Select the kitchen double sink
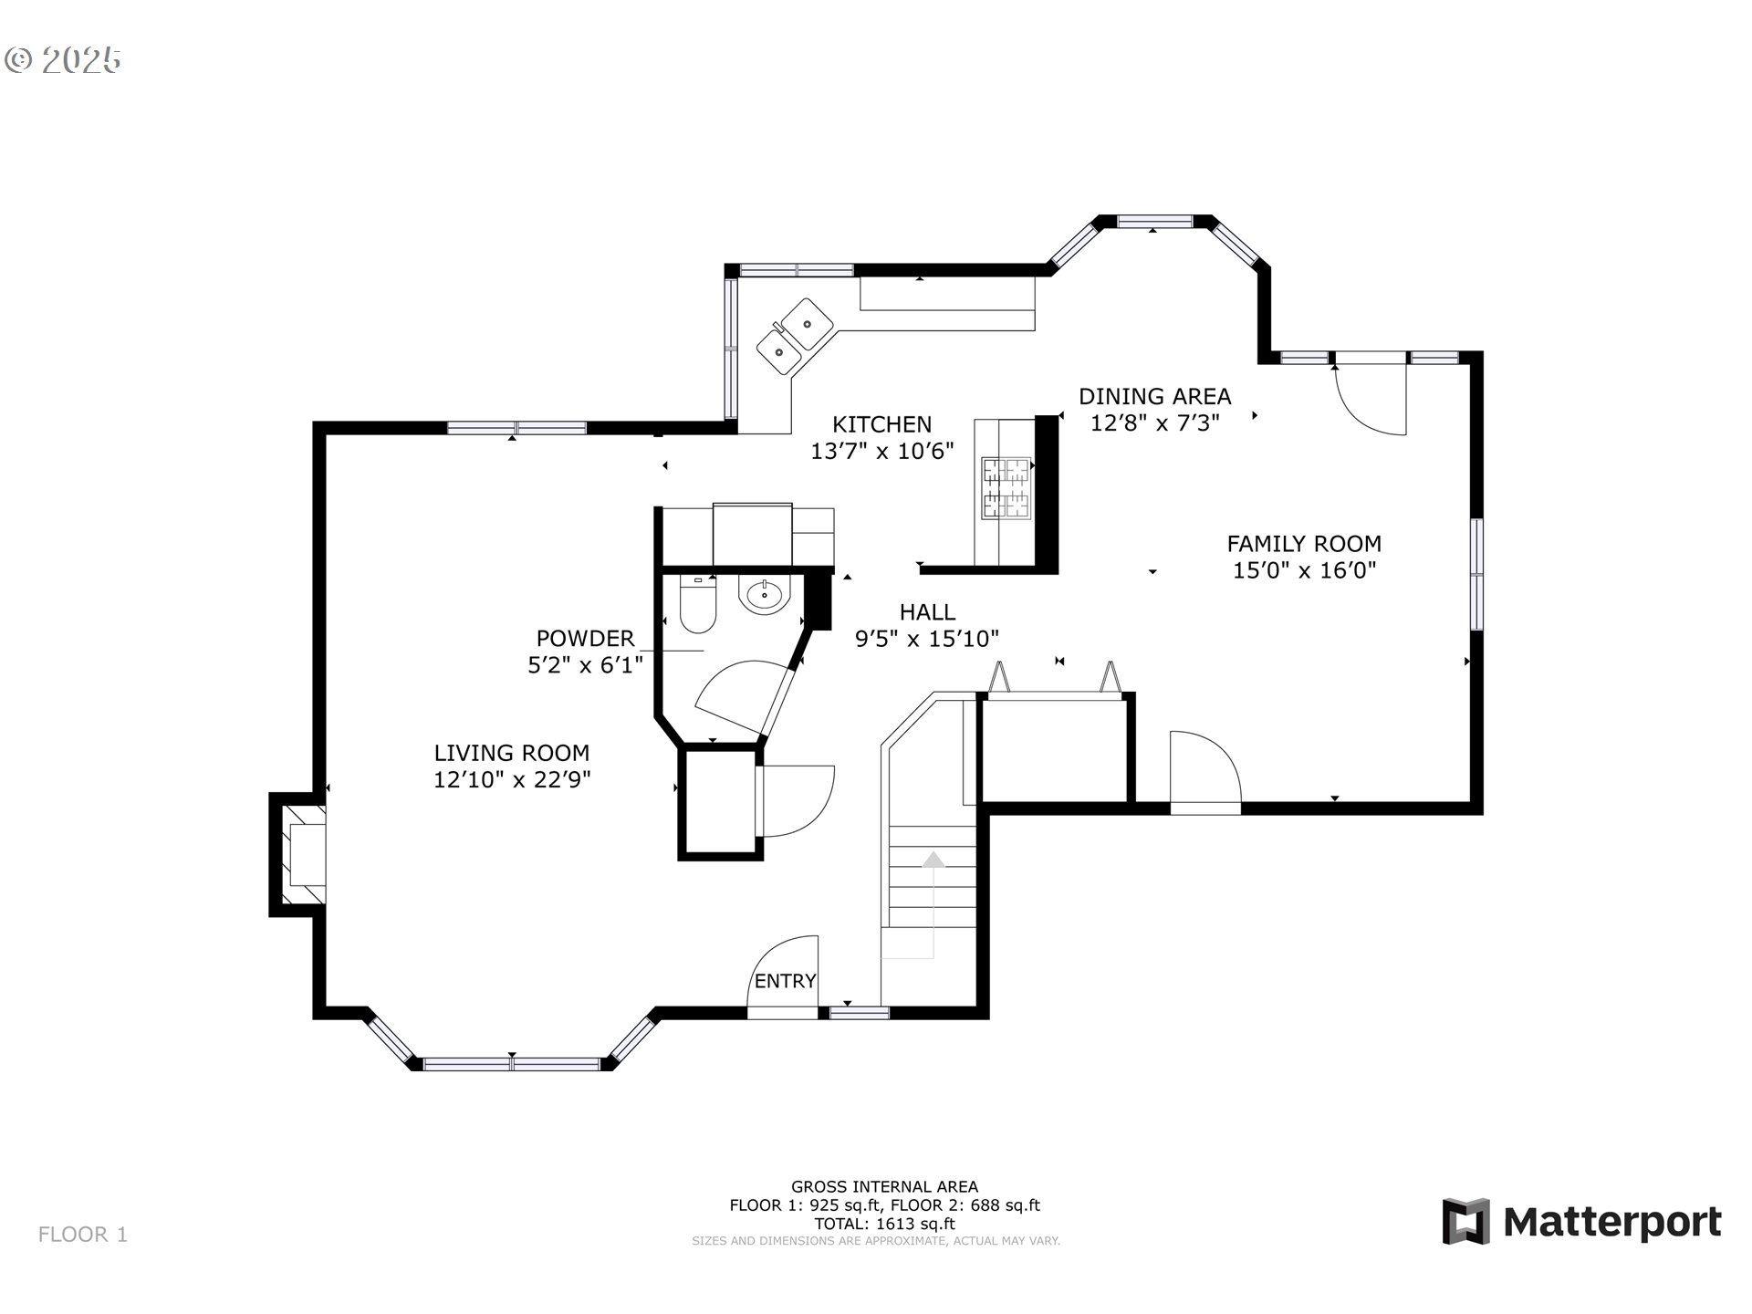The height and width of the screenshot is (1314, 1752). (x=795, y=335)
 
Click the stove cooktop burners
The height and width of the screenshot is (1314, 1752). (x=1006, y=487)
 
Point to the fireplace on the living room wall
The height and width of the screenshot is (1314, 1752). (x=298, y=854)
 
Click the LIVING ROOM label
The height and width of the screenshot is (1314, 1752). (x=511, y=753)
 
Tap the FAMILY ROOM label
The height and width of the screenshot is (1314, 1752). (x=1304, y=544)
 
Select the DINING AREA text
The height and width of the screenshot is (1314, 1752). (x=1154, y=396)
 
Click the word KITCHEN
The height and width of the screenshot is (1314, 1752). (x=881, y=423)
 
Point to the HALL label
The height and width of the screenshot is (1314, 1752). (x=927, y=611)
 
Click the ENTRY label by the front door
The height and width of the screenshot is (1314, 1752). (x=785, y=981)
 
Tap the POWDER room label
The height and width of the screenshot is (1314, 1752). (x=585, y=638)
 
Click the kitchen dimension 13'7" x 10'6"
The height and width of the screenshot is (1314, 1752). (x=882, y=451)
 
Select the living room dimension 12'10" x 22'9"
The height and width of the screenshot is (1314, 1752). (x=512, y=779)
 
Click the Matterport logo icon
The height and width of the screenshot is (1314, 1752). (x=1465, y=1221)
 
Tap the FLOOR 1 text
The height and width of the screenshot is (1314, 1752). (x=83, y=1235)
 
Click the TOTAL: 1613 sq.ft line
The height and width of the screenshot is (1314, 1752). (x=884, y=1224)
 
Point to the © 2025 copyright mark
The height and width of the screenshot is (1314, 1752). (x=63, y=60)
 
